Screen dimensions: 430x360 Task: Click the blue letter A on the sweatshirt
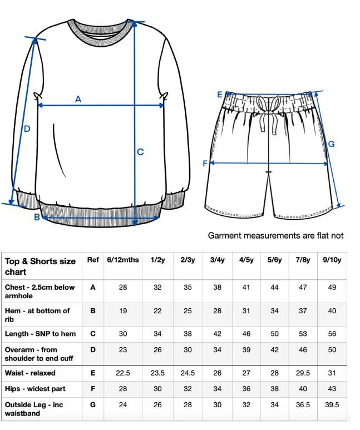click(x=78, y=99)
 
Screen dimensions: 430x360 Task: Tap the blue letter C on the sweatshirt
click(x=140, y=151)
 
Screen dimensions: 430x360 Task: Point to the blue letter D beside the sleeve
click(x=26, y=129)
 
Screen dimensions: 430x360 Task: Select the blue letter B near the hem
click(x=37, y=217)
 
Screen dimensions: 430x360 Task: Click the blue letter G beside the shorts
click(x=331, y=145)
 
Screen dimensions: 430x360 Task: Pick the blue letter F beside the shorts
click(x=205, y=164)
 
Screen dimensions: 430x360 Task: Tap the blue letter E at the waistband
click(x=220, y=95)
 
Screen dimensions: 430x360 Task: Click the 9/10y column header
click(x=332, y=260)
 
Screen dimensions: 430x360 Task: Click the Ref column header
click(x=92, y=260)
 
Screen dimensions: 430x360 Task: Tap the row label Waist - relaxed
click(x=30, y=373)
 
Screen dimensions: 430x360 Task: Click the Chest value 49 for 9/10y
click(x=332, y=288)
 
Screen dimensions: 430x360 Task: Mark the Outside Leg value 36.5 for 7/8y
click(x=303, y=405)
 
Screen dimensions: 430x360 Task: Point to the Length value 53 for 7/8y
click(x=303, y=334)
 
